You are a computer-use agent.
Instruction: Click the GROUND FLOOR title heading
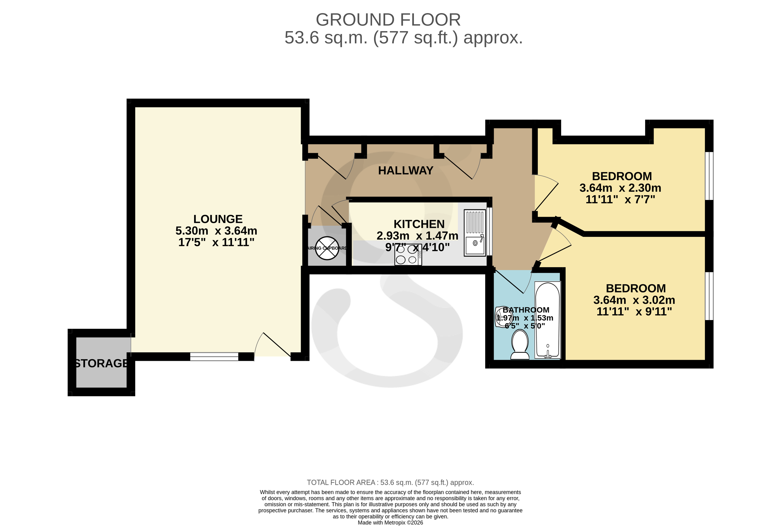(388, 20)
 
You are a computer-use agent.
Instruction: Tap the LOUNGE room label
(218, 219)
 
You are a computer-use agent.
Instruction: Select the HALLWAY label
(405, 170)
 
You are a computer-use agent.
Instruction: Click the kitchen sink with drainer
(475, 233)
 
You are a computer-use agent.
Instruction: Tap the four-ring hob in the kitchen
(408, 255)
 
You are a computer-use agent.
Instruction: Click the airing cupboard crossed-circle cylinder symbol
(327, 248)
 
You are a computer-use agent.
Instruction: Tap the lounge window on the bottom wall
(214, 357)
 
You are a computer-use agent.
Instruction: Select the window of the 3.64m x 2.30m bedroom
(709, 176)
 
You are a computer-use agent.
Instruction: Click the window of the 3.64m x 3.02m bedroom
(709, 296)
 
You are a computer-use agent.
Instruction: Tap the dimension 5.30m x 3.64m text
(216, 231)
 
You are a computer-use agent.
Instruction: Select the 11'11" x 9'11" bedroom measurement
(634, 312)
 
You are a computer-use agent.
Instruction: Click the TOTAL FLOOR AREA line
(390, 482)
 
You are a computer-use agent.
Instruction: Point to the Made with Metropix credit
(390, 522)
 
